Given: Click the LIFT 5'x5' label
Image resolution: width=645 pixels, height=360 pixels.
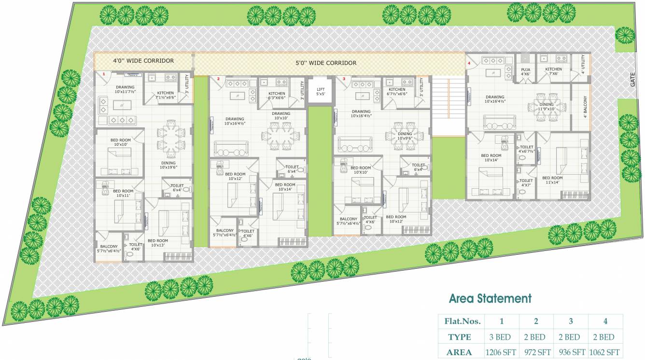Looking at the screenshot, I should (321, 92).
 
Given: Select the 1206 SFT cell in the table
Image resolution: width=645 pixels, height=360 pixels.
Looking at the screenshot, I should (502, 352).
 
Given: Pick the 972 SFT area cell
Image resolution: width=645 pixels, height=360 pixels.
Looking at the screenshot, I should (536, 352).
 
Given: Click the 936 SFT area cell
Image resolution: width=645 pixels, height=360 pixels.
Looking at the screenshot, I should (572, 352).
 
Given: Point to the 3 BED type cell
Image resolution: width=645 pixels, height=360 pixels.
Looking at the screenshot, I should (502, 337).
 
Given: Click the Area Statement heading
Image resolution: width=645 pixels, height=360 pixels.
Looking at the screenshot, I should (490, 298).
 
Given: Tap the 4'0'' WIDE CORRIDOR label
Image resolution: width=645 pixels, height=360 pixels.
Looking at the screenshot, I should (143, 61).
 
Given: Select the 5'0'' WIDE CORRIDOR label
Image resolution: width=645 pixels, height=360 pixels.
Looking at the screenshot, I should (326, 63).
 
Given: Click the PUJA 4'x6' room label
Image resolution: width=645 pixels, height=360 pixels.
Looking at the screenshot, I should (525, 72).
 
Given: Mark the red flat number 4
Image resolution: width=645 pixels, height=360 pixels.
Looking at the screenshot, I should (469, 63).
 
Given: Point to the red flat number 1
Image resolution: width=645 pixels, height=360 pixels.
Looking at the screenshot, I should (104, 73).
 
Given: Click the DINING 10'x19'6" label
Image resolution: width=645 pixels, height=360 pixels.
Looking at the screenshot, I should (168, 166).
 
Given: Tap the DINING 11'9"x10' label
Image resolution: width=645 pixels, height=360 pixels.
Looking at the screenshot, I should (547, 107).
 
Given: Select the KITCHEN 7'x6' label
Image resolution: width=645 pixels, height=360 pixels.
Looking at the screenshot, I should (553, 71).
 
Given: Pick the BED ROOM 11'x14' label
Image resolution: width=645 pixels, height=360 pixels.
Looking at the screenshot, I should (552, 180).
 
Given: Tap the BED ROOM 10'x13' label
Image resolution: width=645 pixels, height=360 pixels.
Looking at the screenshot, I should (158, 243).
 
